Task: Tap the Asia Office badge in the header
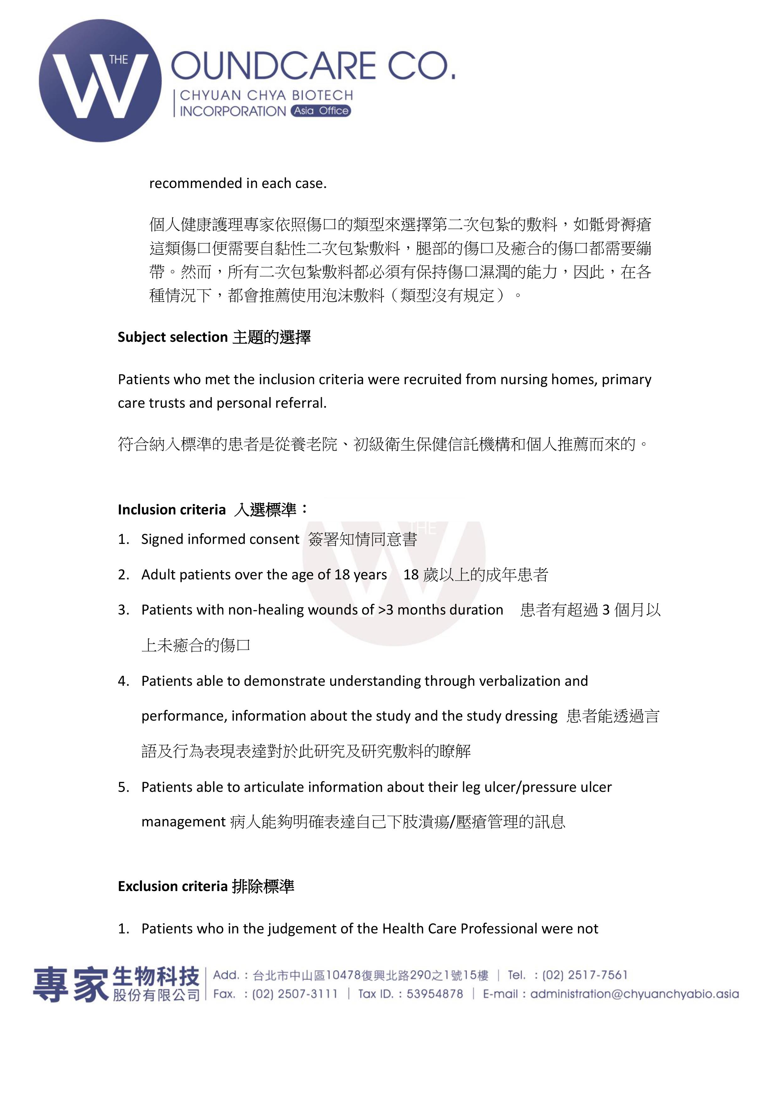pos(321,111)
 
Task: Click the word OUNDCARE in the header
pos(273,66)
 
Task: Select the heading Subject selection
pos(172,337)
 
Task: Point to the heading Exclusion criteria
pos(172,886)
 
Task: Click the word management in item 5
pos(183,822)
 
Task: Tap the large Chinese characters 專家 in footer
pos(71,985)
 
